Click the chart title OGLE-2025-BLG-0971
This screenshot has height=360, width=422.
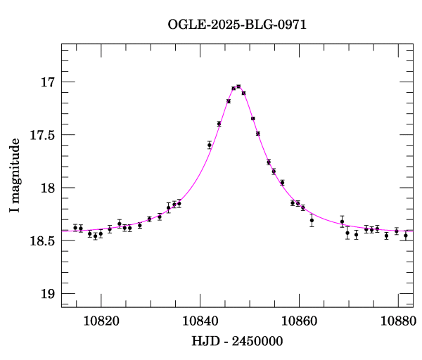(x=237, y=25)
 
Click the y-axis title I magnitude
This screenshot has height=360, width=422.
(x=15, y=186)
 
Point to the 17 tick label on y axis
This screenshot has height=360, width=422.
(x=48, y=83)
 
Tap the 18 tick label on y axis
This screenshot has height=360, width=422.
(x=48, y=188)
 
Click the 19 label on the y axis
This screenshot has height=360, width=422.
(x=48, y=294)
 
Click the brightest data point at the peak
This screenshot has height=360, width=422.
(x=238, y=86)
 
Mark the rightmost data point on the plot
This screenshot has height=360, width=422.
(x=405, y=236)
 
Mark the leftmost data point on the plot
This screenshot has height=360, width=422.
(x=75, y=228)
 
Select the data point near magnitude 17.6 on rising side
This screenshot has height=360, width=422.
(x=210, y=145)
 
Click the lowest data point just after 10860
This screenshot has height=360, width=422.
(x=312, y=220)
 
